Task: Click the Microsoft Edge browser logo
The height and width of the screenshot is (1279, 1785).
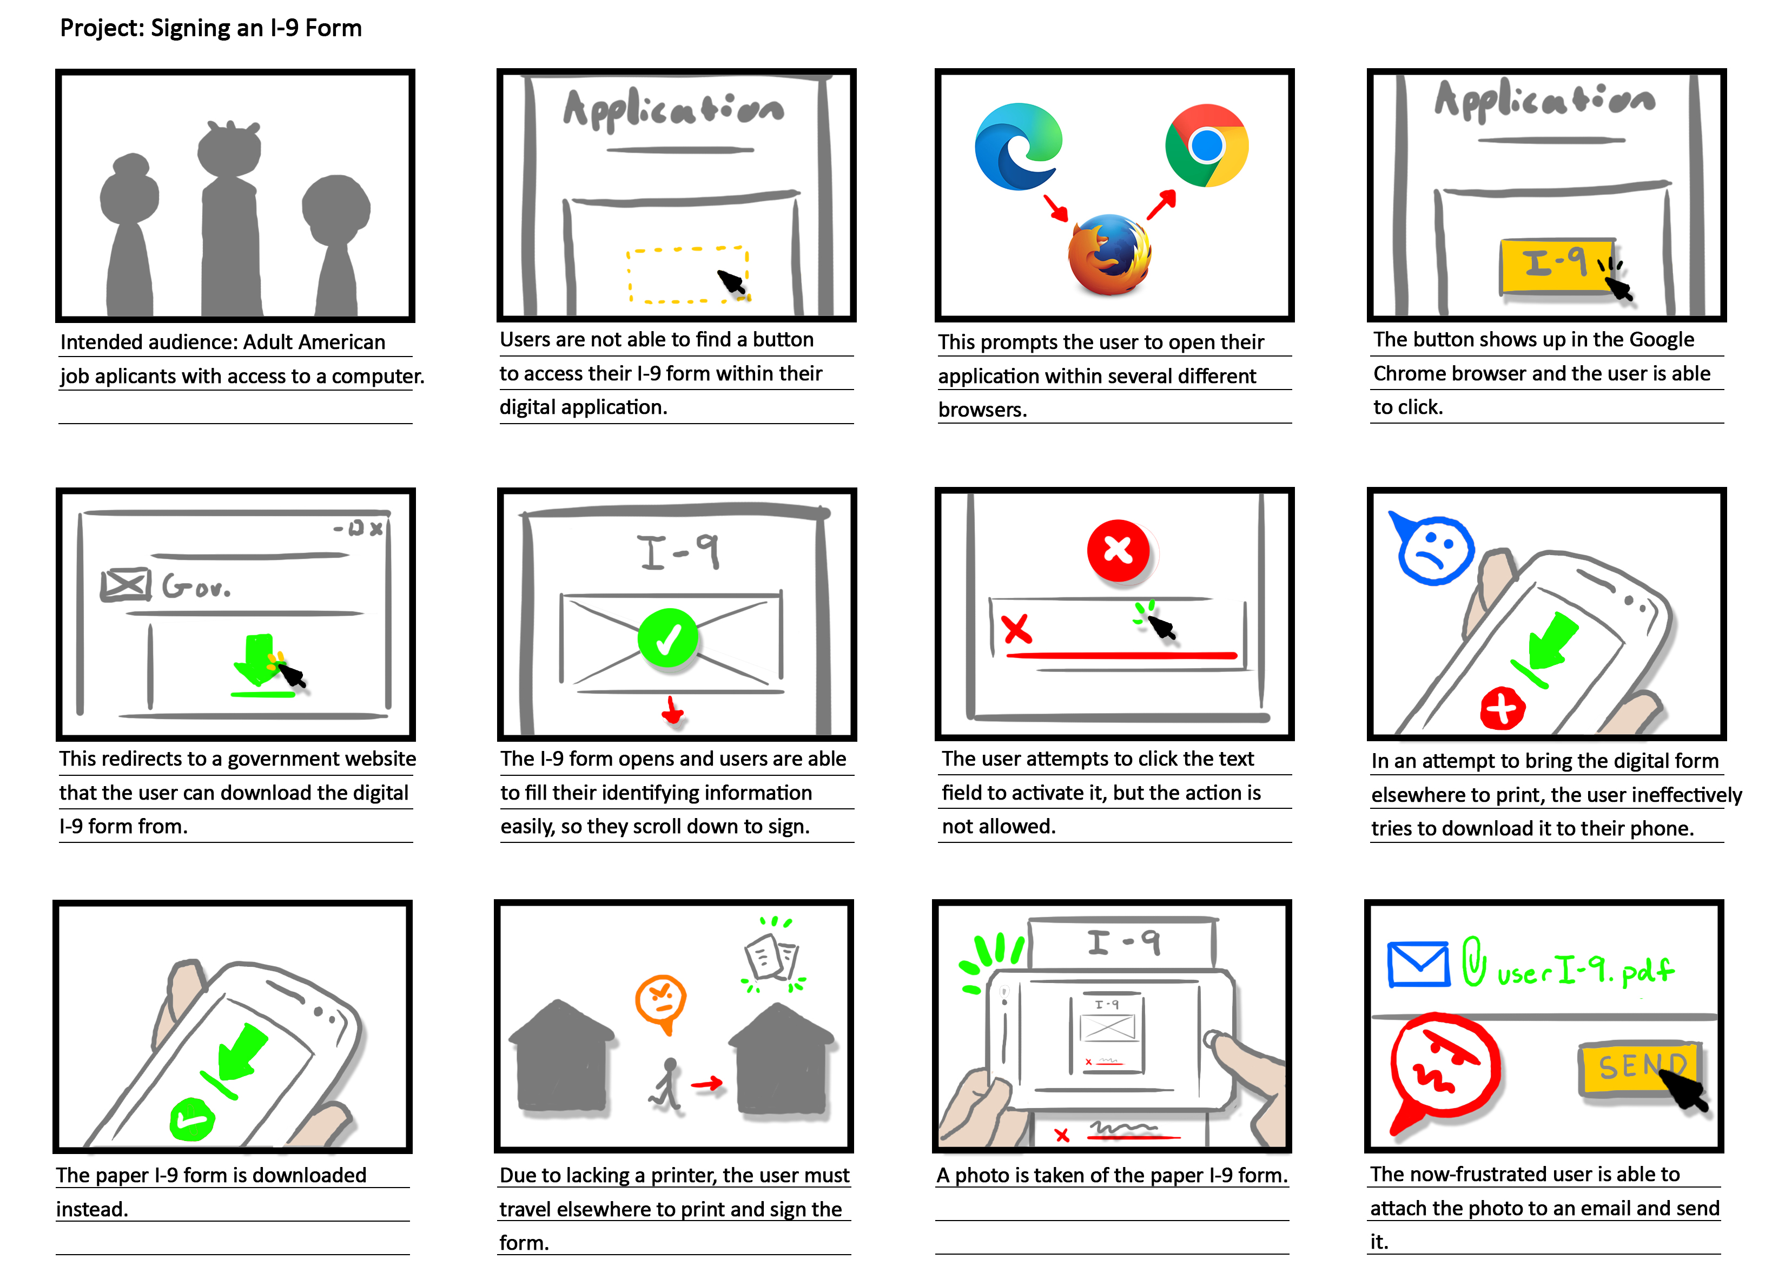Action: tap(1017, 147)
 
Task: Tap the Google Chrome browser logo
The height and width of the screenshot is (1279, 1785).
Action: tap(1207, 146)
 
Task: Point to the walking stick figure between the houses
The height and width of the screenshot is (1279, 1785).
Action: tap(666, 1085)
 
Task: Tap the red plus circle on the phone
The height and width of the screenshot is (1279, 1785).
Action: tap(1502, 708)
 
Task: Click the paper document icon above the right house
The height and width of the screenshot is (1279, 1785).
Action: tap(771, 957)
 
